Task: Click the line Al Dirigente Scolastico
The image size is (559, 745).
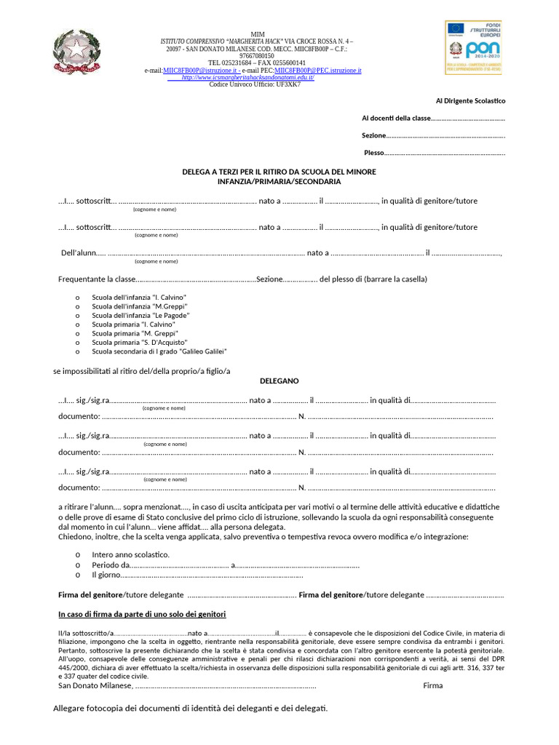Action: (470, 101)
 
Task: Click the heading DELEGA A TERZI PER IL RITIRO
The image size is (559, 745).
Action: (279, 172)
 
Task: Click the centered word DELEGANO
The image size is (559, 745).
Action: (279, 381)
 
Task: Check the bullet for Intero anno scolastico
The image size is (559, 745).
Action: (78, 554)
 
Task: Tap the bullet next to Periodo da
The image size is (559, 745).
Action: (78, 565)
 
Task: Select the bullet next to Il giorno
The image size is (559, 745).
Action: (78, 575)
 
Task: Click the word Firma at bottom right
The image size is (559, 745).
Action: (432, 685)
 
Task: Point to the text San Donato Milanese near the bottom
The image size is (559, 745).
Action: (95, 685)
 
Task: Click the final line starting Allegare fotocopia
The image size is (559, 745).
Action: (191, 709)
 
